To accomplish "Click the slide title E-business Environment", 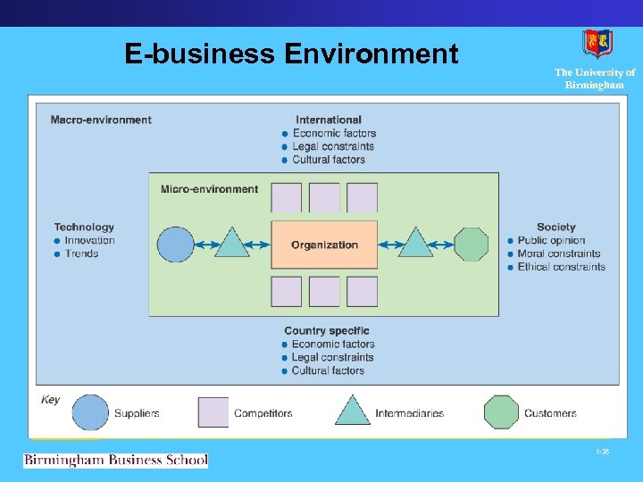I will pos(291,54).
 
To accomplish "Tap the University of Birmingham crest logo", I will pos(597,44).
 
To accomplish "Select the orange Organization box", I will pos(324,245).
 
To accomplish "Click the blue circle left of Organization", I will pos(175,245).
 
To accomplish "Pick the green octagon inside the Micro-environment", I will pos(472,245).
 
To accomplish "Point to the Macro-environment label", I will pos(101,120).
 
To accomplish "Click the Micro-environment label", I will pos(209,189).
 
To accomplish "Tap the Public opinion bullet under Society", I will pos(551,240).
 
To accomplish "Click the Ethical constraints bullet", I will pos(561,267).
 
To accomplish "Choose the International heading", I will pos(329,120).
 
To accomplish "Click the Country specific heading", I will pos(326,331).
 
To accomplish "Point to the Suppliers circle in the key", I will pos(90,412).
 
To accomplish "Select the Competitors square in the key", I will pos(213,412).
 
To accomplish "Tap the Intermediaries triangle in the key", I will pos(352,411).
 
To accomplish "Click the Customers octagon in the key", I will pos(501,412).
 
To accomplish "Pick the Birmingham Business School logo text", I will pos(115,461).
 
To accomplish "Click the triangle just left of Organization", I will pos(232,244).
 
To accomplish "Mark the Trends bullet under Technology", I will pos(81,253).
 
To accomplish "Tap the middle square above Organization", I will pos(324,197).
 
